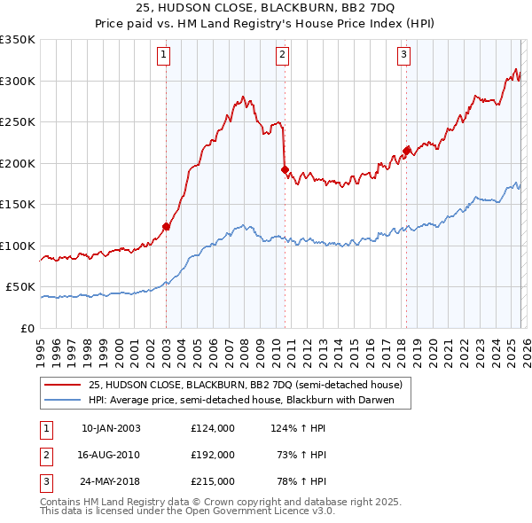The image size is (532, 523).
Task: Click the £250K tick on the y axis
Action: (x=18, y=121)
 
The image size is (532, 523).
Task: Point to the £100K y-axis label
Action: (x=18, y=246)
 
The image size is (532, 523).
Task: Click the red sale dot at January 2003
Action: (x=166, y=226)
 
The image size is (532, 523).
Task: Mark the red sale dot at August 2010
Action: (x=285, y=169)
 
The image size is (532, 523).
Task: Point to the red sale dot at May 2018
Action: (x=406, y=151)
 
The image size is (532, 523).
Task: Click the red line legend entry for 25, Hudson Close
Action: (x=245, y=385)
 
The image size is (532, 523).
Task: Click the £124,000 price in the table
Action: (x=213, y=428)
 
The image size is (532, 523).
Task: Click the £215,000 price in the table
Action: (x=213, y=481)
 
